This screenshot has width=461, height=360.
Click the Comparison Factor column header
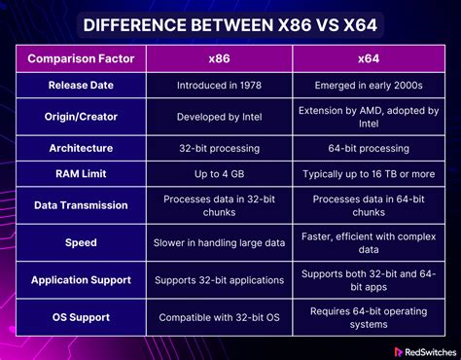click(81, 58)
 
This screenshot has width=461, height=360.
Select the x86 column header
click(219, 58)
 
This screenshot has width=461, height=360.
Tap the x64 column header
click(369, 58)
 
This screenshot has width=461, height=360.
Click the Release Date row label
click(81, 85)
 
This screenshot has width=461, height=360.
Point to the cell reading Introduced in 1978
click(219, 86)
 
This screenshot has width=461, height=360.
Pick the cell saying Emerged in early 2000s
click(369, 86)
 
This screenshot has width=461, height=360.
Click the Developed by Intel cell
click(219, 117)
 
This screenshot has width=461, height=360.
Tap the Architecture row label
click(81, 148)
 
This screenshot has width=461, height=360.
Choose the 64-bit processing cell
click(369, 149)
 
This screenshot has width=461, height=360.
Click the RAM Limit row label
click(81, 173)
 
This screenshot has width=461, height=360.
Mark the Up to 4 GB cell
click(219, 174)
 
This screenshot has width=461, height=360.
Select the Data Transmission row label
click(81, 205)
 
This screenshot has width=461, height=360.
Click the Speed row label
click(81, 242)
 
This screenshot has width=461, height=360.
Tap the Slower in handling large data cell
click(219, 242)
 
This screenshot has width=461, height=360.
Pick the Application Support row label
click(81, 280)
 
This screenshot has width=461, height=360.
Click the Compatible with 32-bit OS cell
click(219, 317)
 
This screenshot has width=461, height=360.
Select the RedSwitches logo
click(425, 352)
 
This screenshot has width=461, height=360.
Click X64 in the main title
click(360, 25)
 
